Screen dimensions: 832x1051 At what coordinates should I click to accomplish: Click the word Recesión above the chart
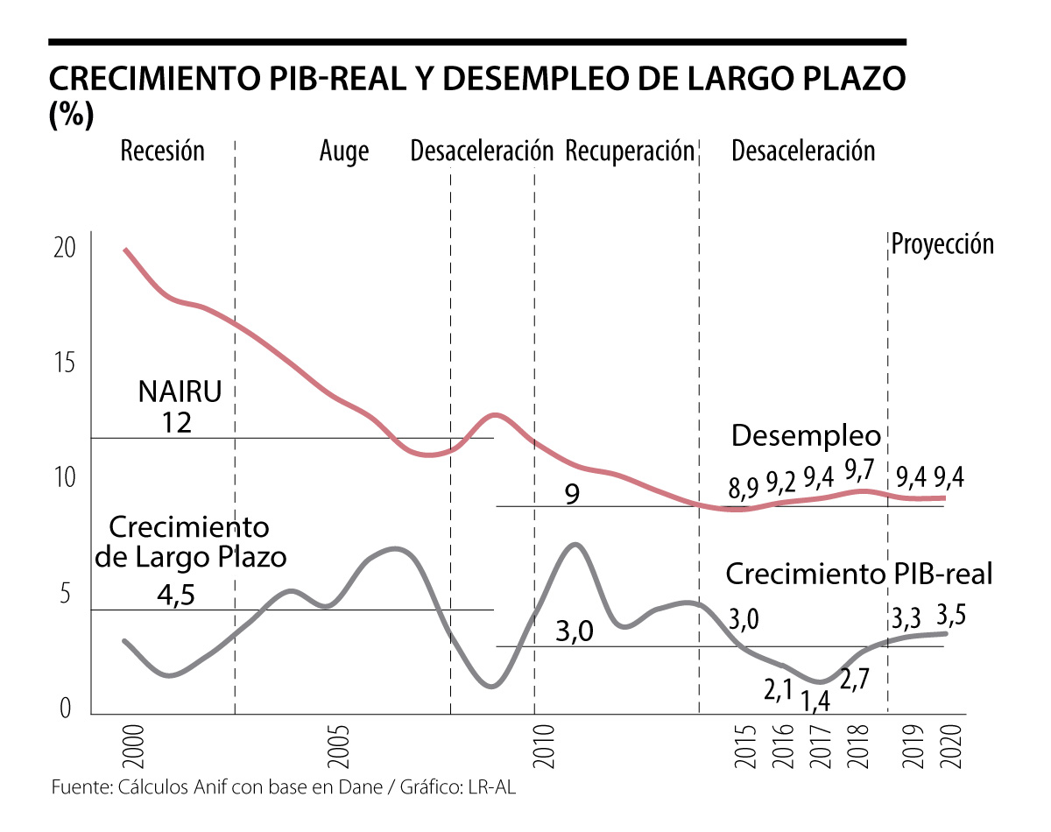[x=162, y=151]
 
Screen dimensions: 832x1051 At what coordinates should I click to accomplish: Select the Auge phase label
[x=344, y=151]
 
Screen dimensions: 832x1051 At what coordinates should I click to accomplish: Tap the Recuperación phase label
[x=630, y=151]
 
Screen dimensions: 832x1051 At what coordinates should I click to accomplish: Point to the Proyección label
[x=942, y=243]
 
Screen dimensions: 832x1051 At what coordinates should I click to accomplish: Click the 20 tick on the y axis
[x=65, y=248]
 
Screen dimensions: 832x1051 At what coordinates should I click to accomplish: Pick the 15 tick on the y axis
[x=65, y=363]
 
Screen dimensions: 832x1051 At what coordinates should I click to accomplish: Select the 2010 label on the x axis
[x=542, y=746]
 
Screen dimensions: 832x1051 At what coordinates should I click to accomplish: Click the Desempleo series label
[x=806, y=435]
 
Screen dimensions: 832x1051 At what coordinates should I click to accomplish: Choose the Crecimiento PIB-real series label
[x=858, y=575]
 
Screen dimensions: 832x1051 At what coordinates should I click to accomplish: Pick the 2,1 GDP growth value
[x=778, y=691]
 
